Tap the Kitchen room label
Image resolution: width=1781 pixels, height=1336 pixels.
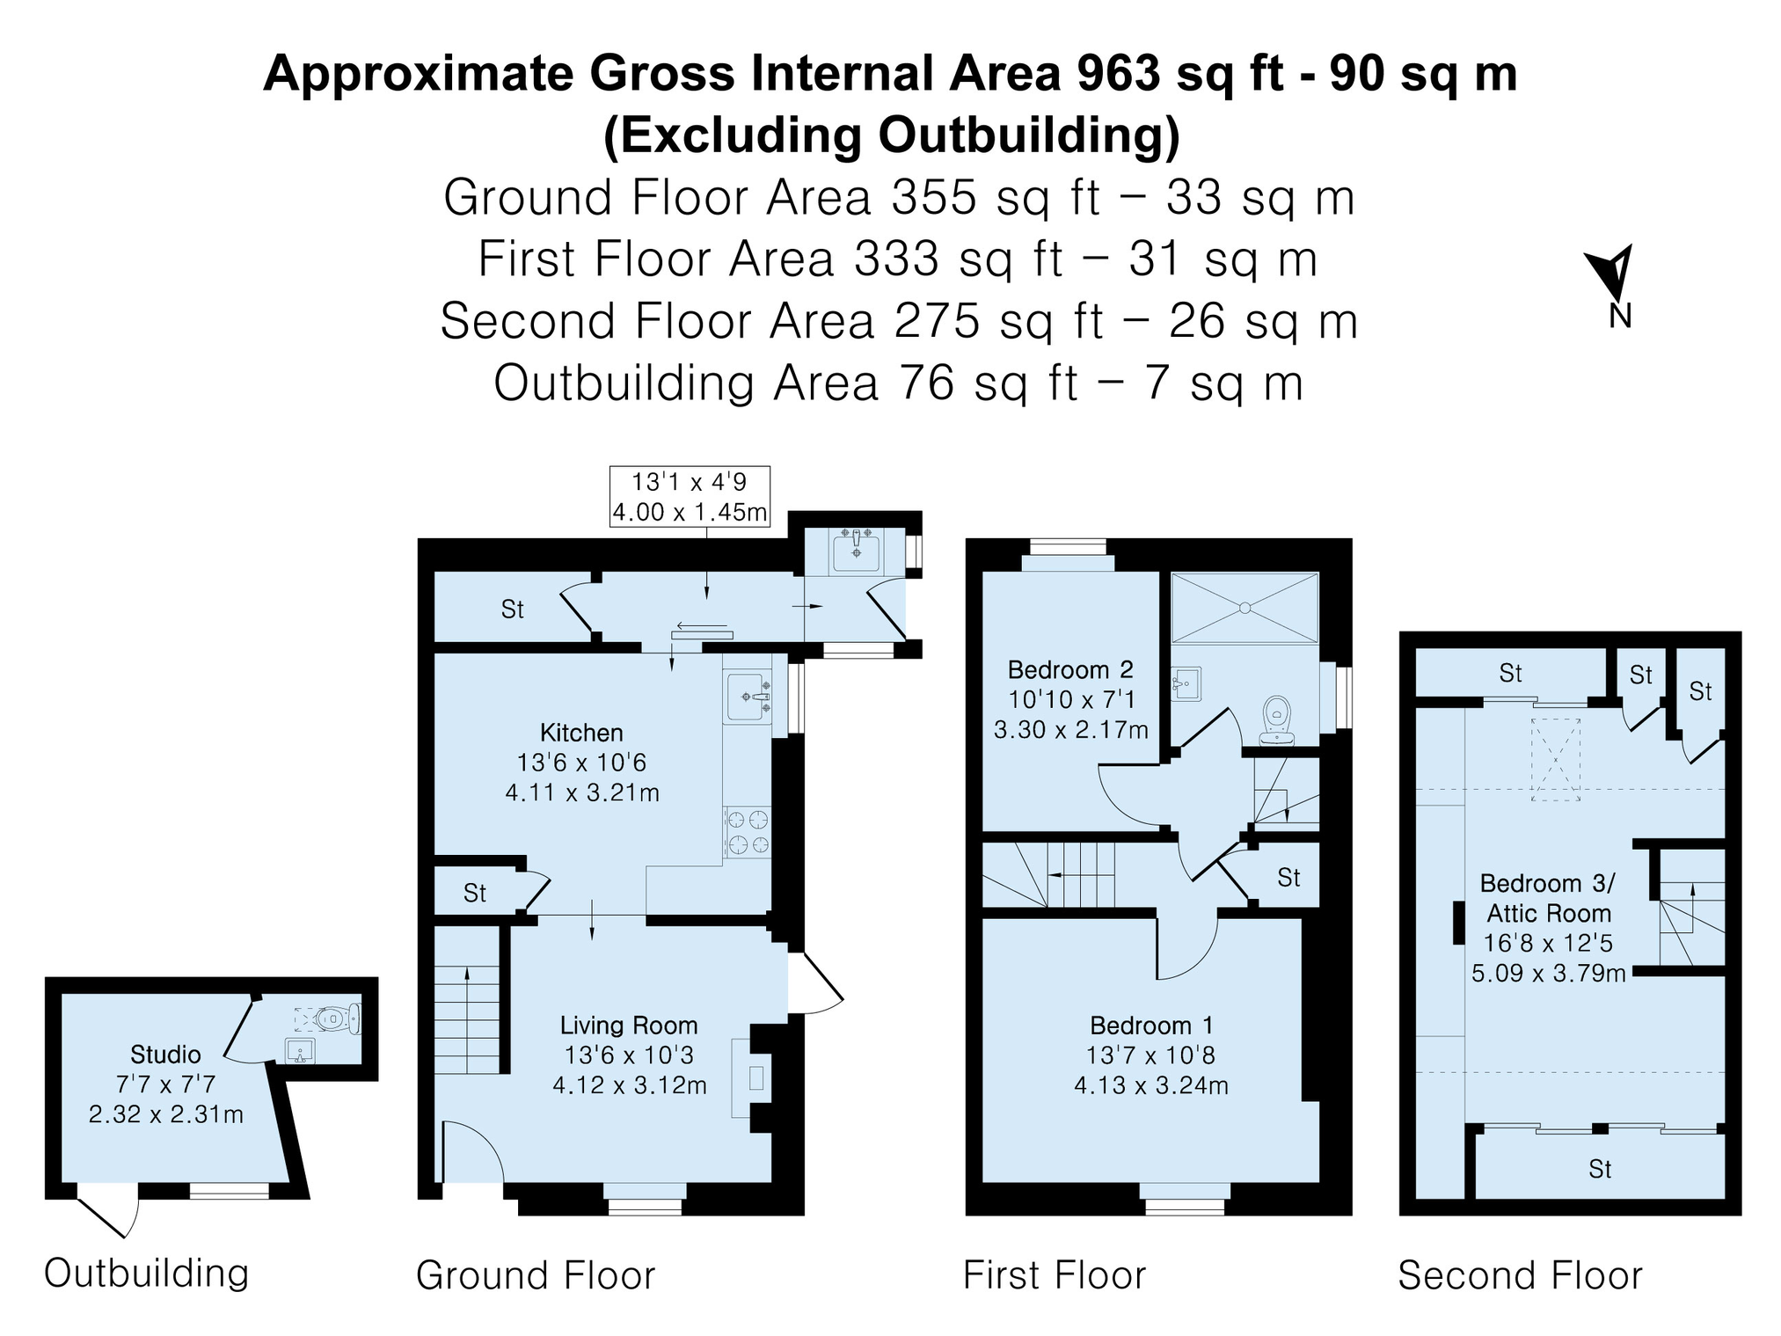tap(581, 733)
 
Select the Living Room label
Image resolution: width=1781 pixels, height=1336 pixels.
tap(629, 1026)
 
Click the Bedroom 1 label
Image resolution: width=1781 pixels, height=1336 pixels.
tap(1151, 1026)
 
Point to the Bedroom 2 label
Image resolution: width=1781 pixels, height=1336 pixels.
tap(1070, 670)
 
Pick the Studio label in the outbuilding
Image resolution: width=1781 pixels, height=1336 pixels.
tap(165, 1055)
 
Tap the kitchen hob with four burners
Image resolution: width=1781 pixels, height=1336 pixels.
tap(747, 833)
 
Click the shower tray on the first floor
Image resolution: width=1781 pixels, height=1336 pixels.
tap(1245, 608)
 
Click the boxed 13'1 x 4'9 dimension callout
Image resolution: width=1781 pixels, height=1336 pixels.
tap(690, 497)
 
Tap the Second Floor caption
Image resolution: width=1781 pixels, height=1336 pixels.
tap(1521, 1275)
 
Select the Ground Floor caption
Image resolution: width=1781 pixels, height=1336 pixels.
tap(536, 1275)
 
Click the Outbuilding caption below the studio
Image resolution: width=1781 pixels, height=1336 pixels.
tap(147, 1274)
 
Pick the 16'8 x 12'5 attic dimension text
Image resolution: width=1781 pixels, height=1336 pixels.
tap(1548, 943)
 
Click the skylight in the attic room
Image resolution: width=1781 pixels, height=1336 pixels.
tap(1556, 760)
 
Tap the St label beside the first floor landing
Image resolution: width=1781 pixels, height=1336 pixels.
tap(1288, 877)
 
